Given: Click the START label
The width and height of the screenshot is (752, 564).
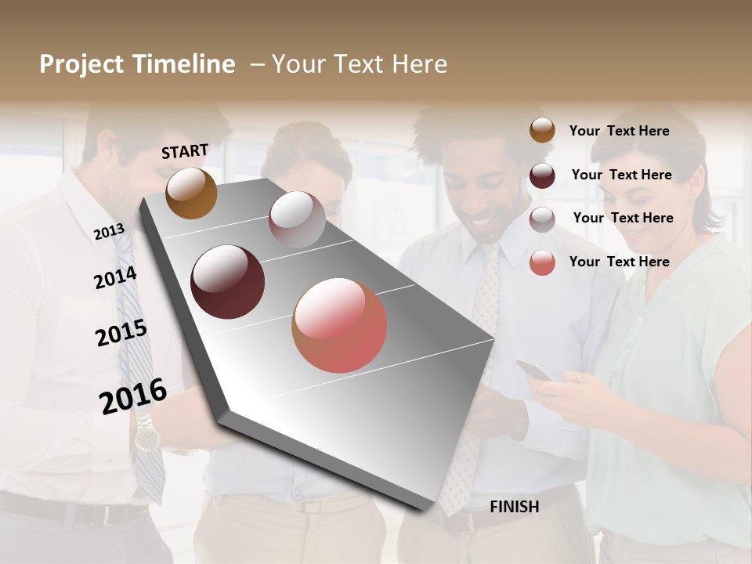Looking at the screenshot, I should point(185,151).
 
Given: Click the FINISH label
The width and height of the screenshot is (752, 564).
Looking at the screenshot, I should point(514,507).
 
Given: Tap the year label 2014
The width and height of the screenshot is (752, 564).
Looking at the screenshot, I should point(115,277).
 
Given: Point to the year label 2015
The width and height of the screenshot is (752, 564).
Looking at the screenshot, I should point(121,332).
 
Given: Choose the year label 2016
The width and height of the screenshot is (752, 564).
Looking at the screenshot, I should point(133,396).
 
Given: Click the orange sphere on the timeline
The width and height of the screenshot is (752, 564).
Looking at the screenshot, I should point(191,193).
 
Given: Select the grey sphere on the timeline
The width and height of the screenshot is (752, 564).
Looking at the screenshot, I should point(297,219).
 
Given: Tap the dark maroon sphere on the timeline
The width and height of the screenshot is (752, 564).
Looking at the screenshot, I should point(228,282).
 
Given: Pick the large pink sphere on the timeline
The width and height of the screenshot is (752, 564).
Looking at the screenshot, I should point(339,325).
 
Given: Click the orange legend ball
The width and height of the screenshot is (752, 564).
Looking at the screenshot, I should point(542,130).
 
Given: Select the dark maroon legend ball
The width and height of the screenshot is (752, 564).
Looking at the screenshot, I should point(542,175).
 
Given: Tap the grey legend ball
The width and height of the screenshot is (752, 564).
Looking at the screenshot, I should point(542,219).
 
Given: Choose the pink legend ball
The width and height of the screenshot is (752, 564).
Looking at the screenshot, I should point(542,262).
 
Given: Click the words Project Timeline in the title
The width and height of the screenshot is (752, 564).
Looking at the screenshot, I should point(137,64).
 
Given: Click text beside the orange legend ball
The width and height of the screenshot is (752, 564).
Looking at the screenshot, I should point(619,131).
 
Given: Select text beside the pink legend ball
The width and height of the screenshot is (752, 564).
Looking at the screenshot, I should point(619,262).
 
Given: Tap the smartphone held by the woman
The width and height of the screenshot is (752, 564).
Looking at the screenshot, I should point(535,369).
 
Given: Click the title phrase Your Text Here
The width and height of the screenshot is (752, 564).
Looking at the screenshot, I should point(360,64).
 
